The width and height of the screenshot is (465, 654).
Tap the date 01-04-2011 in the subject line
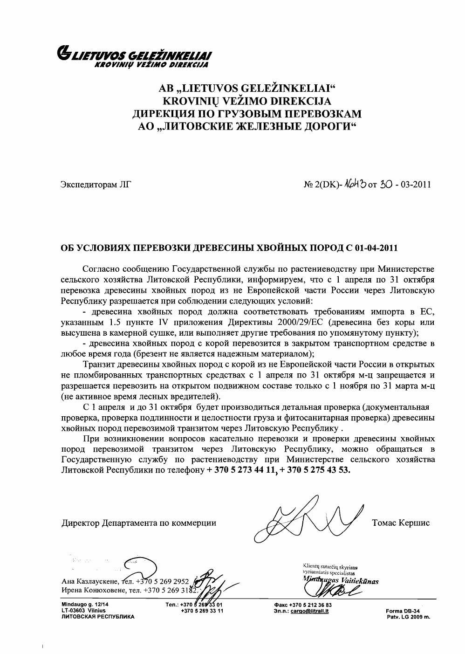pyautogui.click(x=376, y=248)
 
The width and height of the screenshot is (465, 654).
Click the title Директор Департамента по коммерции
pyautogui.click(x=139, y=523)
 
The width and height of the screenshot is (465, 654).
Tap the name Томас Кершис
pyautogui.click(x=401, y=523)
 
